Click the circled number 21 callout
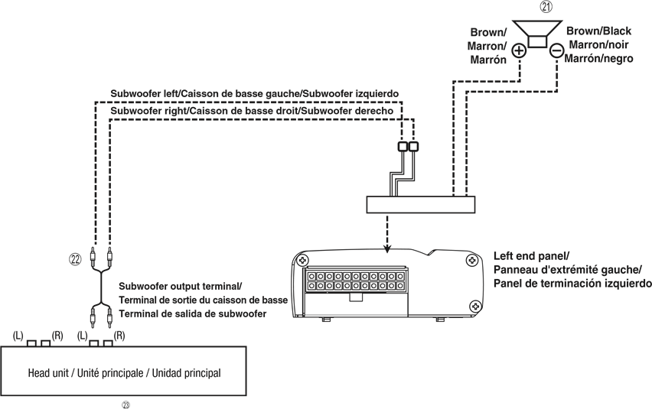click(546, 7)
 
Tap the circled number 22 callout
click(75, 259)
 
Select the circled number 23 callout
click(126, 405)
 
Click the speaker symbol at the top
click(537, 35)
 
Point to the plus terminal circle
click(519, 50)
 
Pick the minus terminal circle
click(556, 50)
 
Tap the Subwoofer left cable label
click(255, 94)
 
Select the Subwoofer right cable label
click(252, 111)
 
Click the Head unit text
click(124, 373)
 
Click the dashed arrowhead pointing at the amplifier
click(387, 248)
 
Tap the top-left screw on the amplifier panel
click(302, 261)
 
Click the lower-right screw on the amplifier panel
click(475, 307)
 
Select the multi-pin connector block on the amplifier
click(356, 281)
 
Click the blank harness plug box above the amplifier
click(420, 205)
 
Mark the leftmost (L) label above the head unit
click(18, 335)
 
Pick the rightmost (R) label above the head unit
click(119, 335)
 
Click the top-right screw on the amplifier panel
click(472, 261)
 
